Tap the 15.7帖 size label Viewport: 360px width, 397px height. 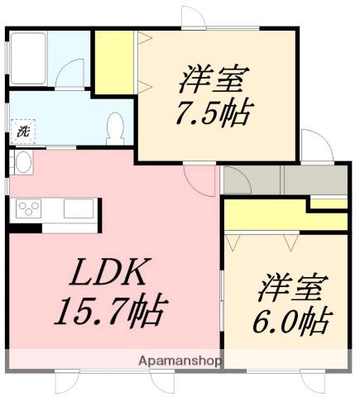tap(111, 313)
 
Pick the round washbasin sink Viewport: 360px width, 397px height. tap(22, 162)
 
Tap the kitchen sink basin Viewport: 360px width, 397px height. tap(79, 208)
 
